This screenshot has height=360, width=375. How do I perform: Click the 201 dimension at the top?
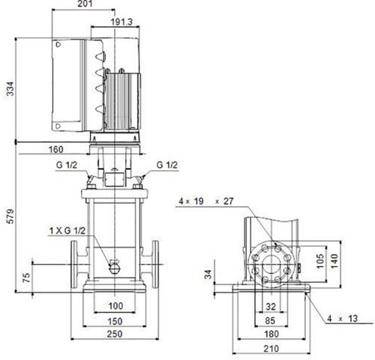[85, 4]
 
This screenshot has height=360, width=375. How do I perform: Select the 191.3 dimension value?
[121, 22]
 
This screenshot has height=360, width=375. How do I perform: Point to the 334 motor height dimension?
[10, 88]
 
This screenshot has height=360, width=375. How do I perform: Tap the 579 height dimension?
[10, 217]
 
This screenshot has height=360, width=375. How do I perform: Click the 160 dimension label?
[55, 149]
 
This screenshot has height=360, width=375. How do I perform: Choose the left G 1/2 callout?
[67, 165]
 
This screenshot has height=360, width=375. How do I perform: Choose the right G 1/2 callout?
[167, 165]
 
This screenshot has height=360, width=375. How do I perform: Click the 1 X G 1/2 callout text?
[67, 230]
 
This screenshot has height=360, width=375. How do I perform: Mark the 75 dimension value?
[26, 277]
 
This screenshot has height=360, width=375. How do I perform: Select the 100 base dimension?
[115, 306]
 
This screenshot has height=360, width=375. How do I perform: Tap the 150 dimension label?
[115, 321]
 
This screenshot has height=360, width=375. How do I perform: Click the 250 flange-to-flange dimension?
[115, 334]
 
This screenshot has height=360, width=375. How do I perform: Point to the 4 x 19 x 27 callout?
[206, 201]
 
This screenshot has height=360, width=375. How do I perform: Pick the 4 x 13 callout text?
[343, 319]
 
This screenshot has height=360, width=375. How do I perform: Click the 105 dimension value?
[320, 261]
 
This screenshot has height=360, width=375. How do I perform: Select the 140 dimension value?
[334, 261]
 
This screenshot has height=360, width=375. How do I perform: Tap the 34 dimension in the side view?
[208, 274]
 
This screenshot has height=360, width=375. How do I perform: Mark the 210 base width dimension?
[271, 349]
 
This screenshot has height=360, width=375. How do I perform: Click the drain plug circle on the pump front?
[115, 268]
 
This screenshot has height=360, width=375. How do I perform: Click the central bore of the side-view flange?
[271, 265]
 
